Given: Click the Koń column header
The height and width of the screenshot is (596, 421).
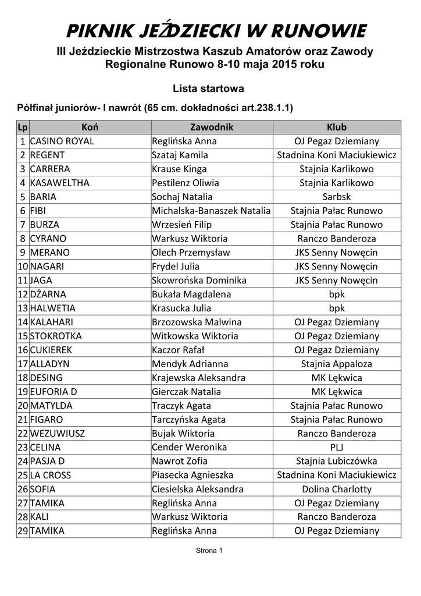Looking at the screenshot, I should [90, 127].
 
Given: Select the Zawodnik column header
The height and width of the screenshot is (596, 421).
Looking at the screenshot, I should [212, 127].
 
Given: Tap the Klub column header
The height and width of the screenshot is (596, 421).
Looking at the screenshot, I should [337, 127].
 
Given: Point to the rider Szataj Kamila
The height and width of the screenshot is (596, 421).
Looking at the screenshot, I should [180, 155].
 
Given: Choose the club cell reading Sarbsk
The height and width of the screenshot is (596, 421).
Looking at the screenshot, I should [337, 197].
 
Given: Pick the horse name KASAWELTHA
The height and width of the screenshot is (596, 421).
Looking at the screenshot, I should [59, 183].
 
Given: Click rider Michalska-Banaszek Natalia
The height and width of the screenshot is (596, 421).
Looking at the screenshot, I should [211, 211].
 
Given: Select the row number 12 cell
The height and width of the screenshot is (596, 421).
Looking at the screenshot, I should [23, 294].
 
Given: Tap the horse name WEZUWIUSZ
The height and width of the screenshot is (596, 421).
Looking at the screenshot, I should [57, 434].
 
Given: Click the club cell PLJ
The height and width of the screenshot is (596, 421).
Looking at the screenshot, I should [337, 448].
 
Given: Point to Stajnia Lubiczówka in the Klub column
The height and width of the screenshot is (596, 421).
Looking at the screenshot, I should [337, 462].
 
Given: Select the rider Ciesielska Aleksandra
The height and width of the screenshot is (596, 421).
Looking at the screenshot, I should [198, 489].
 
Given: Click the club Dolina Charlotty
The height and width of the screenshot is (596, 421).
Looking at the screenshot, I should [337, 489].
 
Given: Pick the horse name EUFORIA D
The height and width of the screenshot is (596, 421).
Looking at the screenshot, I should [53, 392].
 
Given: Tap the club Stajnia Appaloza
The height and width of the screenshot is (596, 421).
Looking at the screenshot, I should [337, 364].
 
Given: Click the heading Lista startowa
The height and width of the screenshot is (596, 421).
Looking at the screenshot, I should [208, 88].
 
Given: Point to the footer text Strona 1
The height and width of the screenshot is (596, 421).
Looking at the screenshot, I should [209, 550].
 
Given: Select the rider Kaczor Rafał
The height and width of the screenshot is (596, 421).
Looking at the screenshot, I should [178, 350].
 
